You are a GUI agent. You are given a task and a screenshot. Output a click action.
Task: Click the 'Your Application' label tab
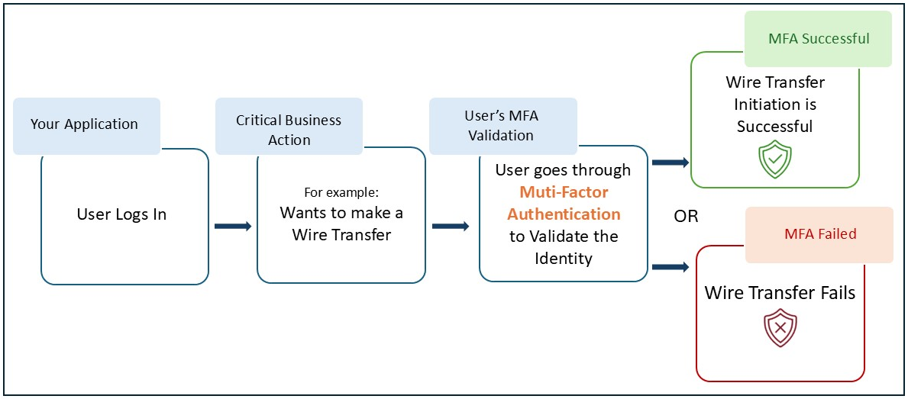click(85, 124)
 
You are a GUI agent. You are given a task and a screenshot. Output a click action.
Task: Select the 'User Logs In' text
click(121, 214)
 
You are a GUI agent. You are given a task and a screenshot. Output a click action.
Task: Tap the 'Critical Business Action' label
click(289, 130)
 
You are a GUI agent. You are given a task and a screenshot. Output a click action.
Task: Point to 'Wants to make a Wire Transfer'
click(341, 224)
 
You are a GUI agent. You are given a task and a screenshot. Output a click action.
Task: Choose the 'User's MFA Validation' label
click(501, 126)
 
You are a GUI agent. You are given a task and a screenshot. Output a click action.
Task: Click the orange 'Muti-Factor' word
click(564, 191)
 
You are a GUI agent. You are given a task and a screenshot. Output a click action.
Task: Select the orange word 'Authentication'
click(564, 214)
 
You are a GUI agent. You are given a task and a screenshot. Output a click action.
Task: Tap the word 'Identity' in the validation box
click(564, 259)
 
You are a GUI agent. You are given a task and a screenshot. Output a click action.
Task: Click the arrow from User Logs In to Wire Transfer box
click(233, 226)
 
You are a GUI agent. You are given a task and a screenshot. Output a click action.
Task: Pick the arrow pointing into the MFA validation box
click(451, 226)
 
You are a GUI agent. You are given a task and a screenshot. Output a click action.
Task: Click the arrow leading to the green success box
click(671, 162)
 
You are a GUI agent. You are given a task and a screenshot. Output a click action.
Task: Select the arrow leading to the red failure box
click(671, 267)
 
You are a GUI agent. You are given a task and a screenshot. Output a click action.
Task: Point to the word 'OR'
click(686, 217)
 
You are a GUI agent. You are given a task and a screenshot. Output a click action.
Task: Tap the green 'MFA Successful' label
click(819, 39)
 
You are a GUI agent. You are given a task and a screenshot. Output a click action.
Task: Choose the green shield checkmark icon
click(774, 160)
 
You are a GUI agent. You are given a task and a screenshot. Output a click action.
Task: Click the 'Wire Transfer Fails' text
click(780, 293)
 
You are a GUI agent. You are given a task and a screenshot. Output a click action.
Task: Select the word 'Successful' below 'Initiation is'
click(774, 126)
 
